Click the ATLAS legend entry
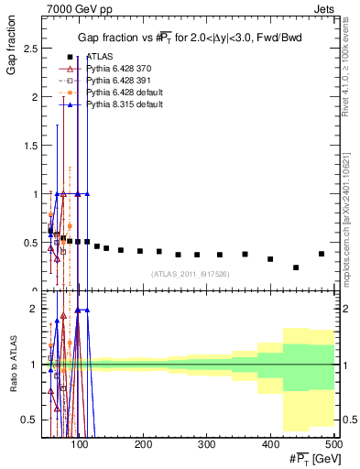pos(99,56)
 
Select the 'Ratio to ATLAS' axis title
pos(12,365)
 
